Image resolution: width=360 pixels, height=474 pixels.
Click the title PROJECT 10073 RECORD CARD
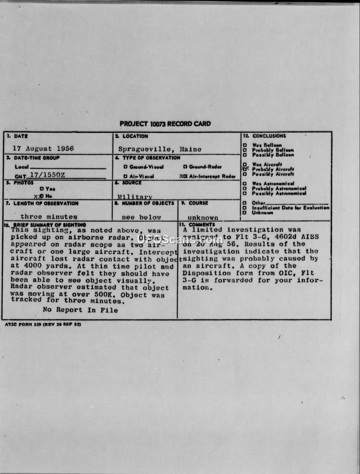(x=165, y=124)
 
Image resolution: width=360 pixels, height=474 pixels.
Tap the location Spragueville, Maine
(x=160, y=149)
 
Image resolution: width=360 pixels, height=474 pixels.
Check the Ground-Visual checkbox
(x=125, y=167)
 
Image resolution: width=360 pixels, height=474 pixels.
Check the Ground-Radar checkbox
(x=185, y=167)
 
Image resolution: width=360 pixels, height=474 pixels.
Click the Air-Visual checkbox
(x=125, y=176)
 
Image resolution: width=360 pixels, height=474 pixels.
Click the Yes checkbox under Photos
(x=41, y=189)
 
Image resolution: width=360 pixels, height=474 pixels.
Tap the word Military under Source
(x=135, y=197)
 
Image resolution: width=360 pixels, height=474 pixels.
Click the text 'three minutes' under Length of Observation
(x=49, y=217)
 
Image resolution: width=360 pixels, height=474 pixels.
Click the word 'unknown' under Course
(x=203, y=217)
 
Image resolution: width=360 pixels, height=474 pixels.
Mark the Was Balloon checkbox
(x=245, y=145)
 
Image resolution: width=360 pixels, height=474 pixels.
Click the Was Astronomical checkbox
(x=245, y=184)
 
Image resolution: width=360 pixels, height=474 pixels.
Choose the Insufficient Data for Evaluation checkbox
(x=245, y=208)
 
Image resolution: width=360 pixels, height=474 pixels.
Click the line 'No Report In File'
(x=81, y=310)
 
